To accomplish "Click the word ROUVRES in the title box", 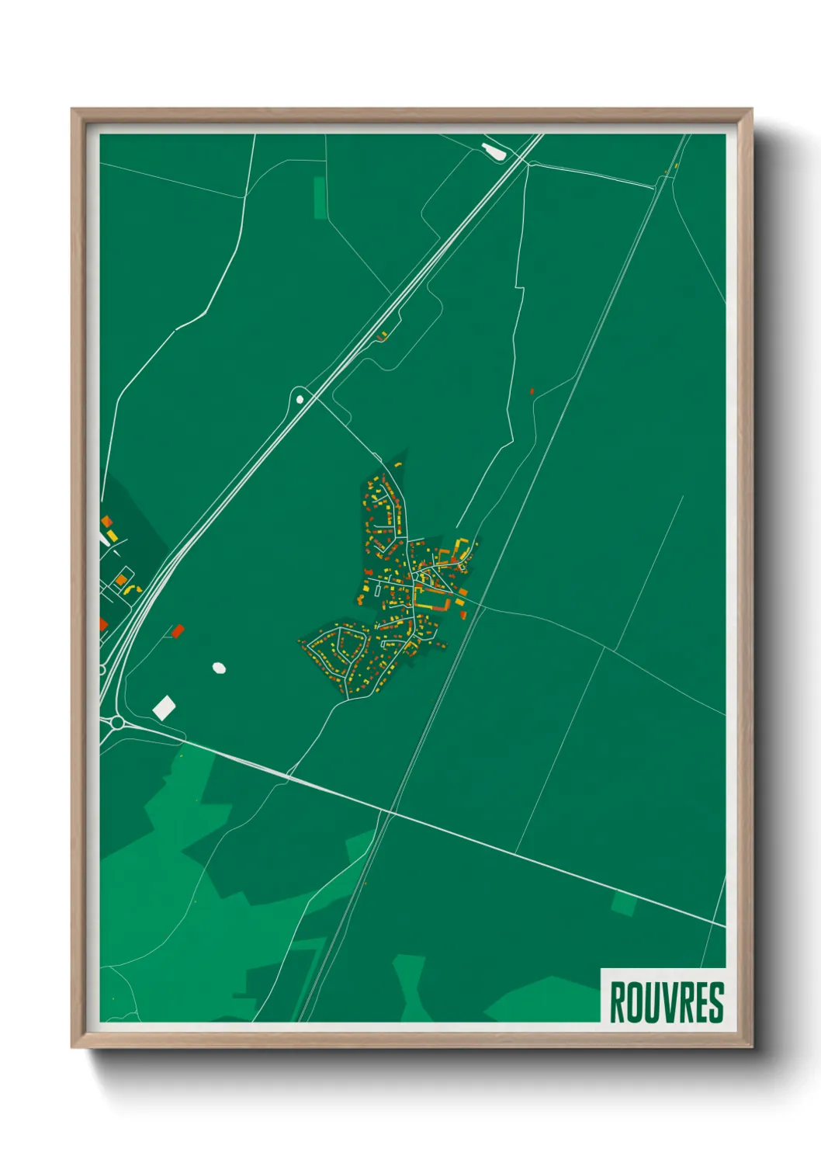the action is pyautogui.click(x=666, y=1002).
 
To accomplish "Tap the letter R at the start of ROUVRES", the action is pyautogui.click(x=617, y=1002).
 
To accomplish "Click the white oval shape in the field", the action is pyautogui.click(x=219, y=667).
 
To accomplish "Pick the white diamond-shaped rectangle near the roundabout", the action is pyautogui.click(x=164, y=707).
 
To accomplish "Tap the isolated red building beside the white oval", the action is pyautogui.click(x=178, y=631).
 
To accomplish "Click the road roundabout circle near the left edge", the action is pyautogui.click(x=116, y=723).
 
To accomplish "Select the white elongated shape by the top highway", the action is pyautogui.click(x=494, y=151).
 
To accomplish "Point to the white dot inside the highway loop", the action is pyautogui.click(x=300, y=399).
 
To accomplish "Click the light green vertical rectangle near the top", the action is pyautogui.click(x=320, y=197).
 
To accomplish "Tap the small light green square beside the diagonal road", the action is pyautogui.click(x=624, y=904).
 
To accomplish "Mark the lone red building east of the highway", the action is pyautogui.click(x=532, y=392).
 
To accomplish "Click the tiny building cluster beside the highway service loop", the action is pyautogui.click(x=381, y=336).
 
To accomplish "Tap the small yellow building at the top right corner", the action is pyautogui.click(x=676, y=165).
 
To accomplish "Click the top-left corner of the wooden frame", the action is pyautogui.click(x=73, y=110).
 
